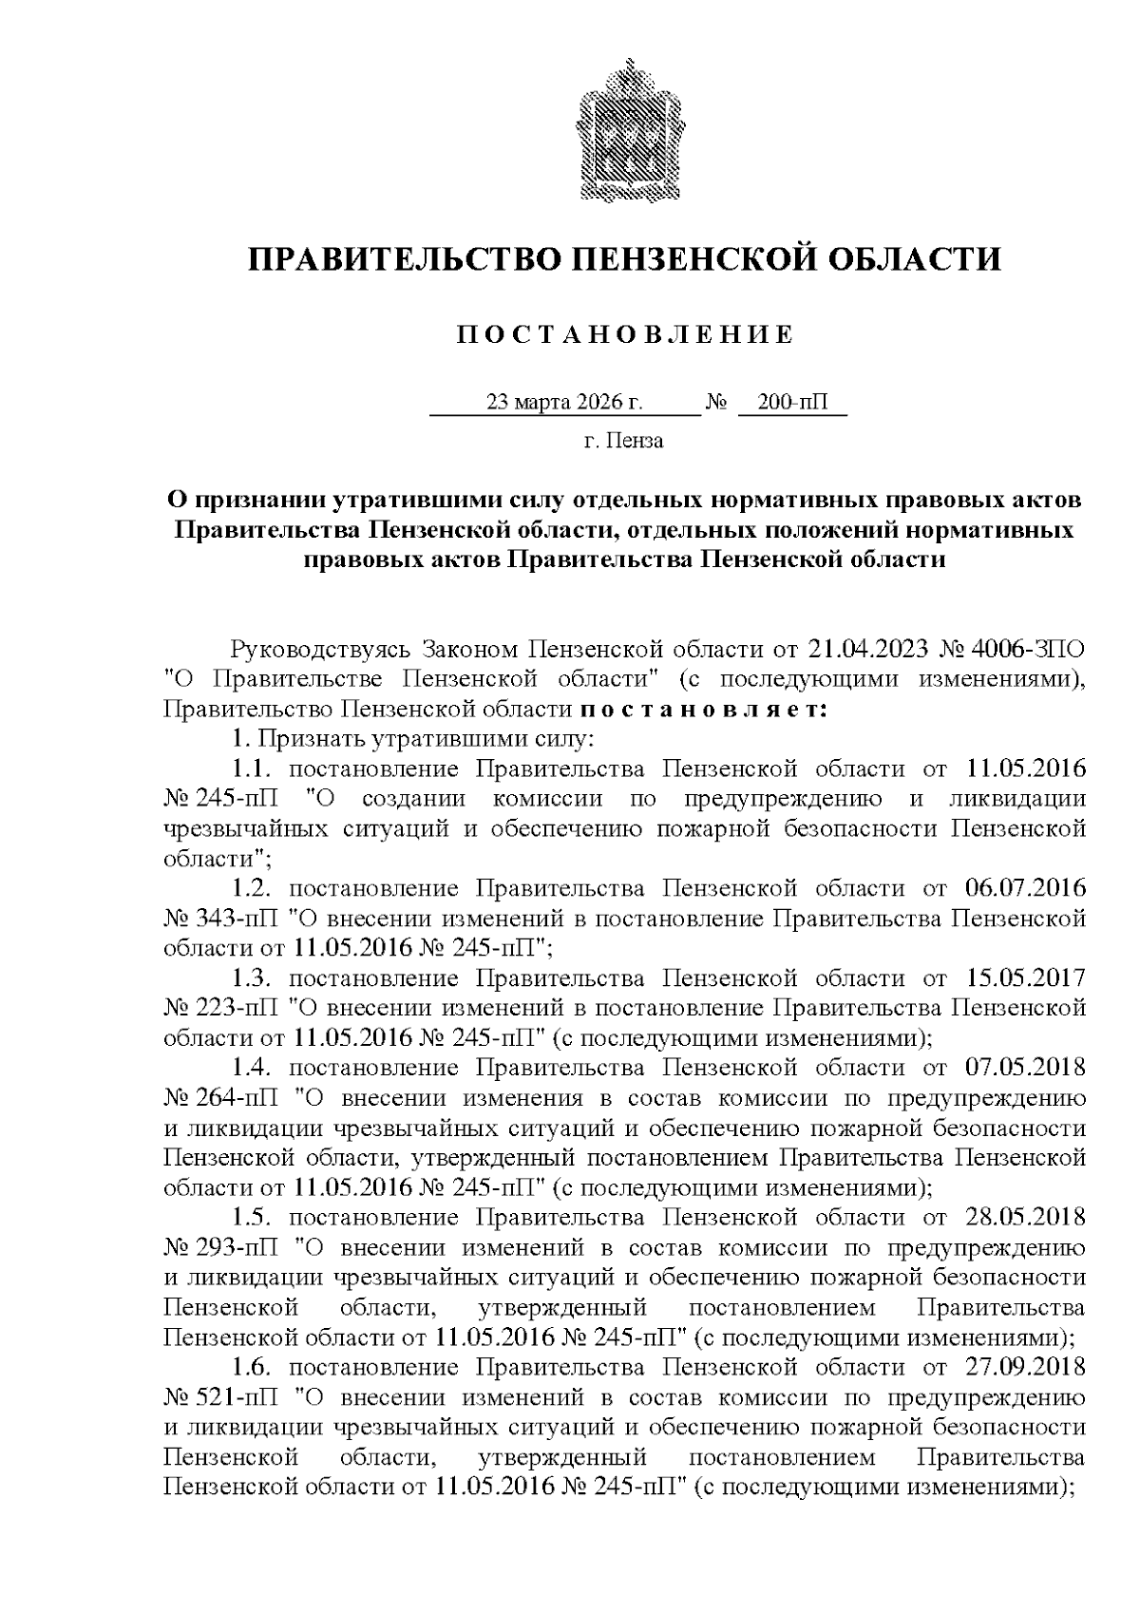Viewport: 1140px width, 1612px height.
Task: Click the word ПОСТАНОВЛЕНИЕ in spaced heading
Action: [625, 334]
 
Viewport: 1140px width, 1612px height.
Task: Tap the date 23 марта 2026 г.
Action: [564, 403]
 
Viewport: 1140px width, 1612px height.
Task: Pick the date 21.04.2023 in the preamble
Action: [868, 650]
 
